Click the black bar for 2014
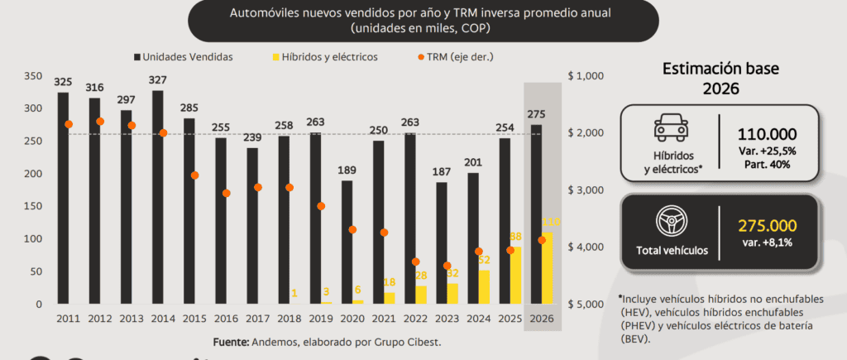click(x=157, y=199)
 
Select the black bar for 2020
click(x=347, y=240)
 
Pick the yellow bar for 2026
click(x=548, y=269)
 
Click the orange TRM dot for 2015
click(x=195, y=175)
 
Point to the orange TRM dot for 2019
click(x=322, y=206)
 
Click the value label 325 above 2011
click(x=63, y=82)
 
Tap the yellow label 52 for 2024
click(x=484, y=260)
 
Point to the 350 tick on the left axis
click(x=33, y=76)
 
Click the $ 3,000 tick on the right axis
click(x=587, y=190)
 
